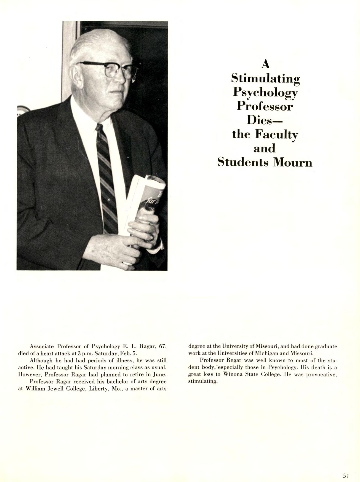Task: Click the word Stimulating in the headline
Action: pos(265,79)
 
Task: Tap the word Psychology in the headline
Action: pos(265,92)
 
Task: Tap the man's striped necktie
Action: pos(106,176)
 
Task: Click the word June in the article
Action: pos(159,375)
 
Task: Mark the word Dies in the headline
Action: pos(262,120)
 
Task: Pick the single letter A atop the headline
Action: pos(265,64)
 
